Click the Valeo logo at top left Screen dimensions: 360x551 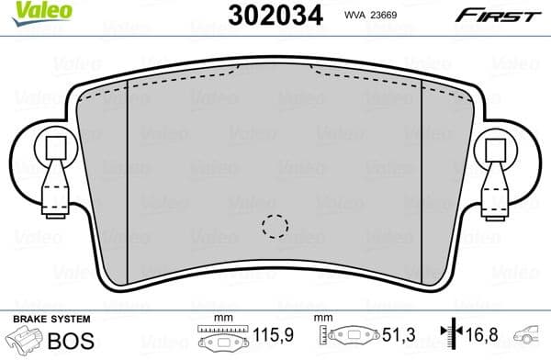[x=34, y=12]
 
